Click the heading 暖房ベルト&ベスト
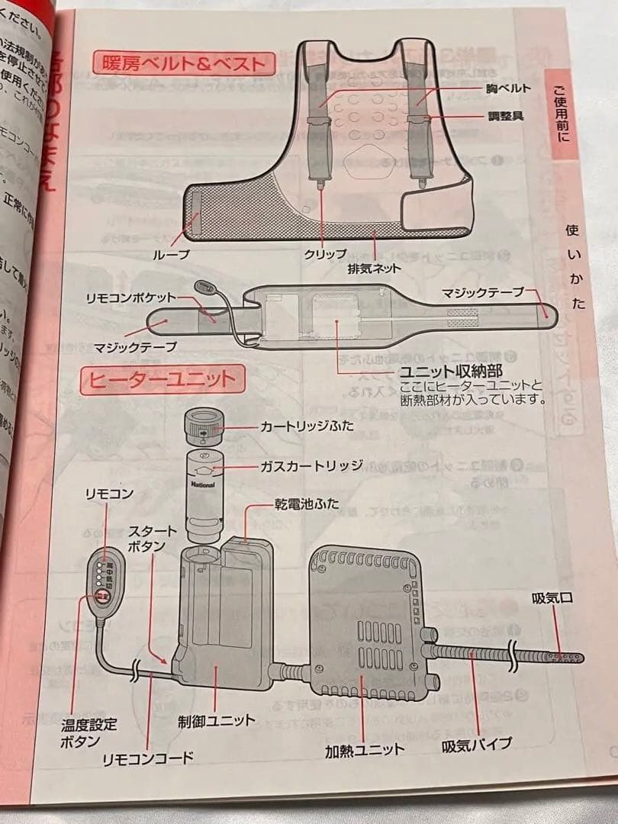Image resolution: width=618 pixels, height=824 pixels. pyautogui.click(x=181, y=63)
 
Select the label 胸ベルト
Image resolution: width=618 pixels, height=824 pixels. pyautogui.click(x=508, y=89)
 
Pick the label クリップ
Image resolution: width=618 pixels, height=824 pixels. pyautogui.click(x=325, y=254)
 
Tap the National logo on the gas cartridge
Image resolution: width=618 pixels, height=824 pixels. pyautogui.click(x=202, y=484)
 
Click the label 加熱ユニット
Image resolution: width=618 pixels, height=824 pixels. pyautogui.click(x=364, y=748)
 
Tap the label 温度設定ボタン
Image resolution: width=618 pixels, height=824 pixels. pyautogui.click(x=90, y=732)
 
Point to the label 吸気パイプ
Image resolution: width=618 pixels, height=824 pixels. pyautogui.click(x=477, y=742)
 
